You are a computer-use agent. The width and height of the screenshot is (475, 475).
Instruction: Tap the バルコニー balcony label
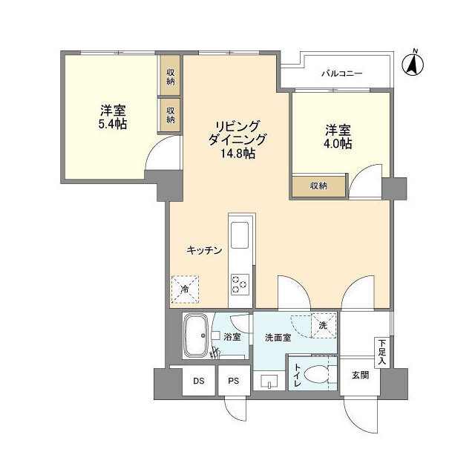[341, 73]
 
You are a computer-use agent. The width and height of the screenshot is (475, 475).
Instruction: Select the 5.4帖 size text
[112, 124]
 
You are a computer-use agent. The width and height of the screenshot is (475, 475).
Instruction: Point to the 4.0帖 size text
[337, 143]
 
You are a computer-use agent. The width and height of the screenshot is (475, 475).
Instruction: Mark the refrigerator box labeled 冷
[184, 289]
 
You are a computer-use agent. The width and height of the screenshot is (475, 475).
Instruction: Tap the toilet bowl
[320, 376]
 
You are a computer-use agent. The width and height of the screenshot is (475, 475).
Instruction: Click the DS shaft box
[199, 381]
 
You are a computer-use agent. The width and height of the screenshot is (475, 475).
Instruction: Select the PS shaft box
[233, 381]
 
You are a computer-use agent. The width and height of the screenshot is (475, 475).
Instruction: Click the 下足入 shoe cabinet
[381, 347]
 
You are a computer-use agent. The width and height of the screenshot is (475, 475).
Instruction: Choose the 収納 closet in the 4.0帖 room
[318, 186]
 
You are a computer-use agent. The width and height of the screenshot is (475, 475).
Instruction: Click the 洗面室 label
[278, 338]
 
